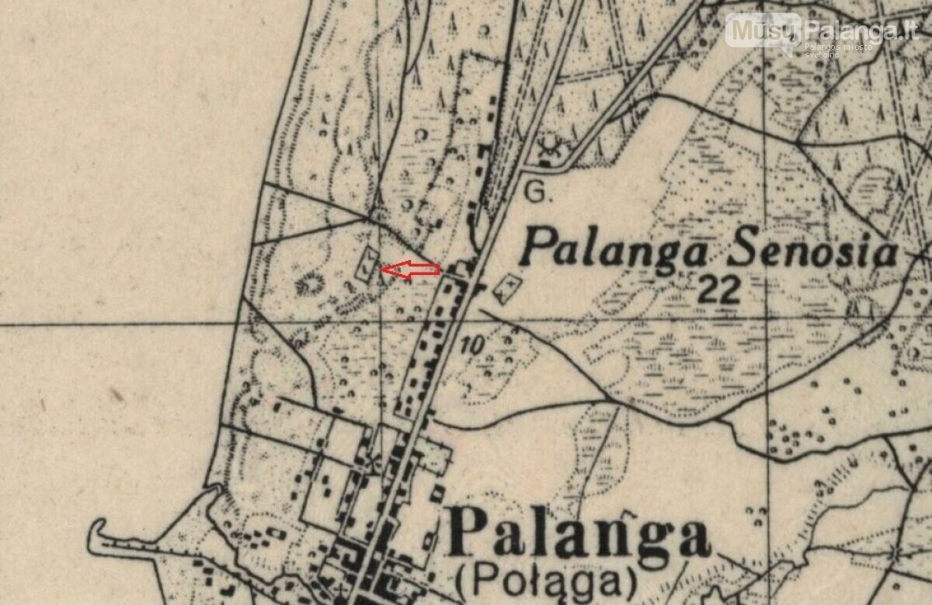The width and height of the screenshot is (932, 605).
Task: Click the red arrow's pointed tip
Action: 382,269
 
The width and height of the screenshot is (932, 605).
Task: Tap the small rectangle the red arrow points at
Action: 366,264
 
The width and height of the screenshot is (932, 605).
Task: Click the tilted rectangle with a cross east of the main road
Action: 506,287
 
